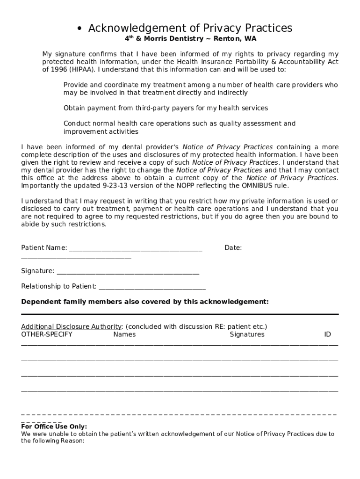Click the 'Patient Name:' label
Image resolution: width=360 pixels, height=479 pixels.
point(44,248)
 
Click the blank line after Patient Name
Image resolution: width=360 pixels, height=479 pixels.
point(136,250)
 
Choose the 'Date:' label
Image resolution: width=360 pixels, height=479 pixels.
point(233,248)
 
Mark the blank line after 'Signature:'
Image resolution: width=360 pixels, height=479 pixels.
point(128,273)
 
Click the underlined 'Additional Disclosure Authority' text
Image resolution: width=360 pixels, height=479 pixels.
point(72,327)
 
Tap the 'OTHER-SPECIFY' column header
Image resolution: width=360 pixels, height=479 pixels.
point(47,334)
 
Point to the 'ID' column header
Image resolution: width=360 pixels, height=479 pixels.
point(327,334)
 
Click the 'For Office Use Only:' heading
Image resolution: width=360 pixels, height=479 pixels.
point(54,427)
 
